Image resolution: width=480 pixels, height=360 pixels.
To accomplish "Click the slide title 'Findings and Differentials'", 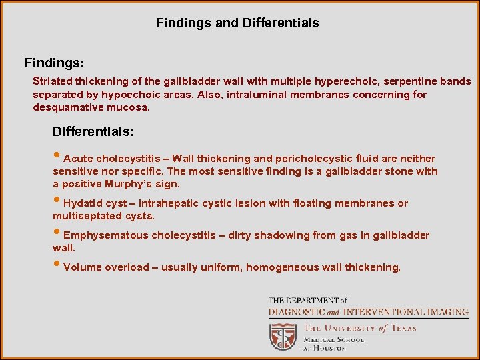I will click(237, 23).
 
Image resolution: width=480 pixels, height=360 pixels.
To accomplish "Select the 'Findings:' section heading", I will click(54, 63).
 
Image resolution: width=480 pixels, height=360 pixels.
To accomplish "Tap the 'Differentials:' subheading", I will click(93, 132).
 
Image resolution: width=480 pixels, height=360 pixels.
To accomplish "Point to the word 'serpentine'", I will click(409, 81).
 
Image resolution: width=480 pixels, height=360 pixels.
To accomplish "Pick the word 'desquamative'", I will click(65, 107).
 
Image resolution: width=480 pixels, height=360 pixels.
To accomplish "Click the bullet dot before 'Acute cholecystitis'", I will click(57, 158).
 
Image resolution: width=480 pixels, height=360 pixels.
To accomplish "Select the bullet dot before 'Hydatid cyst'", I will click(57, 203).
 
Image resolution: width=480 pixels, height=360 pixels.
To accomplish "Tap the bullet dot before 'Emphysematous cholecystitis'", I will click(57, 235).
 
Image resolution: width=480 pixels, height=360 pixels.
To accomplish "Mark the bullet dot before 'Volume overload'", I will click(57, 267).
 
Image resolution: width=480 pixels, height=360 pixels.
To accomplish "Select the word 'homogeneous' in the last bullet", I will click(277, 267).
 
